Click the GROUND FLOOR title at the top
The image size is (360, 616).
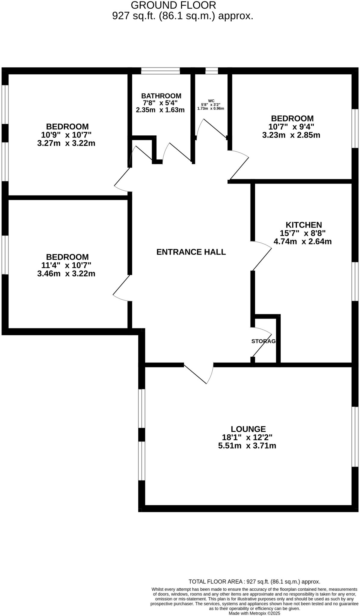[174, 5]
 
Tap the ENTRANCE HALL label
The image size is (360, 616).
[191, 252]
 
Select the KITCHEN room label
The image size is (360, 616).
[303, 225]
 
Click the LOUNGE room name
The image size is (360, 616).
[248, 429]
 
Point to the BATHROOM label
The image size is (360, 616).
[161, 96]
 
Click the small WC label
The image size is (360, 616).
[211, 101]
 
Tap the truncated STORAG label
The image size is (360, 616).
[263, 341]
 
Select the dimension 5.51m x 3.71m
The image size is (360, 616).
[247, 446]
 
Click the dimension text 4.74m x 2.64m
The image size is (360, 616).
[302, 241]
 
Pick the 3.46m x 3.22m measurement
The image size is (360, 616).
[66, 274]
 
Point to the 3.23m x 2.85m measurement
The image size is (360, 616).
[291, 135]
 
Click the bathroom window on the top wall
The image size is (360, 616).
[160, 71]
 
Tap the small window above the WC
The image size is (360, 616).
[211, 71]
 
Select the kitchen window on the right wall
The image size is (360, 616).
[355, 281]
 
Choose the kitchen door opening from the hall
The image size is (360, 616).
[262, 256]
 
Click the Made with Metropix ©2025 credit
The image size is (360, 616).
[254, 613]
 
